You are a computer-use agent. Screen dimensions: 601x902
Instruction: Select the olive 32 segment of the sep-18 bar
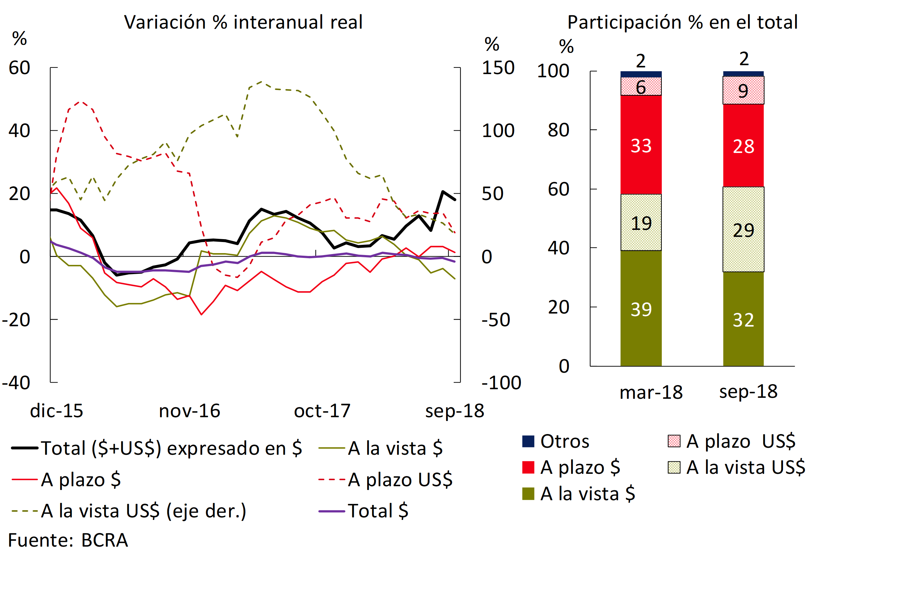[743, 319]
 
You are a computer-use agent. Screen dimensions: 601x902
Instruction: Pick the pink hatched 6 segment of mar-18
[641, 86]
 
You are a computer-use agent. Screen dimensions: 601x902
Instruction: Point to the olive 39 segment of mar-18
[641, 308]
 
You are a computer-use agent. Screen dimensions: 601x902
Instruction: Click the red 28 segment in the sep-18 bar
[743, 146]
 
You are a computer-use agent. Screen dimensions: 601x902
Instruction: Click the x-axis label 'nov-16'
[189, 411]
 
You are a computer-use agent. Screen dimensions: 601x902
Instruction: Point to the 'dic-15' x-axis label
[57, 411]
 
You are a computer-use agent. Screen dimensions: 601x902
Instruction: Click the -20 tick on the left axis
[16, 319]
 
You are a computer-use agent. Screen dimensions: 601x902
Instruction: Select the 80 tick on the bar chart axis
[558, 130]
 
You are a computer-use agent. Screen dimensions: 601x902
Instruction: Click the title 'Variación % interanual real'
[243, 22]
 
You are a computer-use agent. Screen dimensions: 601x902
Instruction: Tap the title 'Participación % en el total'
[682, 22]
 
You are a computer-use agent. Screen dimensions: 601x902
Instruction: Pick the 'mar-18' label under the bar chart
[651, 392]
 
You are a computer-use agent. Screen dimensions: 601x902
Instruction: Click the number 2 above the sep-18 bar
[744, 59]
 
